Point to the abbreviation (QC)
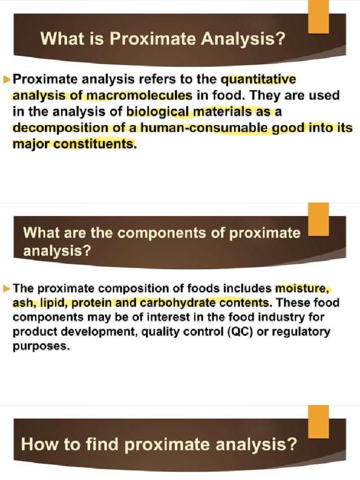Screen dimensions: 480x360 pos(240,333)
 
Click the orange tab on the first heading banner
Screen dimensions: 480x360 pos(318,19)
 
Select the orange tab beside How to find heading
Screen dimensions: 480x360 pos(318,420)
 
